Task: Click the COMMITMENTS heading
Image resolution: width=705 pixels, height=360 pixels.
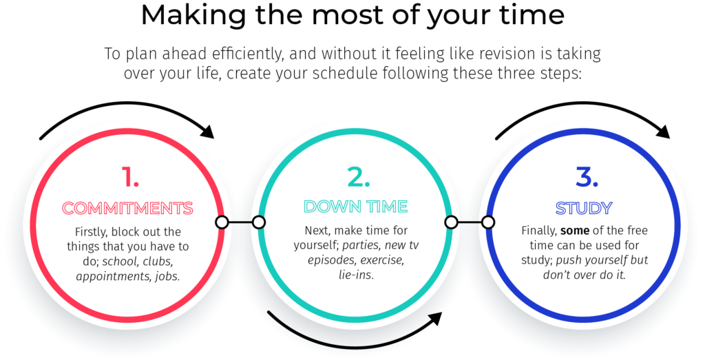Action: (x=127, y=208)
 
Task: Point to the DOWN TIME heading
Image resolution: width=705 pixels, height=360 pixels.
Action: (x=356, y=207)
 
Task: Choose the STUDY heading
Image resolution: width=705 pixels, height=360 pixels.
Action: (x=584, y=208)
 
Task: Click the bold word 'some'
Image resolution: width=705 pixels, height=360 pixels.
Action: (x=575, y=231)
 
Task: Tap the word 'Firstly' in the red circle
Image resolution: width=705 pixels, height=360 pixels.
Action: (x=92, y=233)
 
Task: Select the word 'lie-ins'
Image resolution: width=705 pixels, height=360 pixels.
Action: (x=356, y=275)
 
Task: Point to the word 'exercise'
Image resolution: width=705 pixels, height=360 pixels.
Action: (x=382, y=260)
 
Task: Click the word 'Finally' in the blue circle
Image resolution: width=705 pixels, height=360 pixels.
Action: (x=539, y=231)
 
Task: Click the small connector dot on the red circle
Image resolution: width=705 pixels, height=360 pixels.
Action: (x=222, y=222)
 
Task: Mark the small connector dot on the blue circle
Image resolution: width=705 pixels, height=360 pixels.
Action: (x=488, y=222)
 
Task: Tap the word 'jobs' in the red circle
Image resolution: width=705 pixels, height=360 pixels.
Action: (x=167, y=276)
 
